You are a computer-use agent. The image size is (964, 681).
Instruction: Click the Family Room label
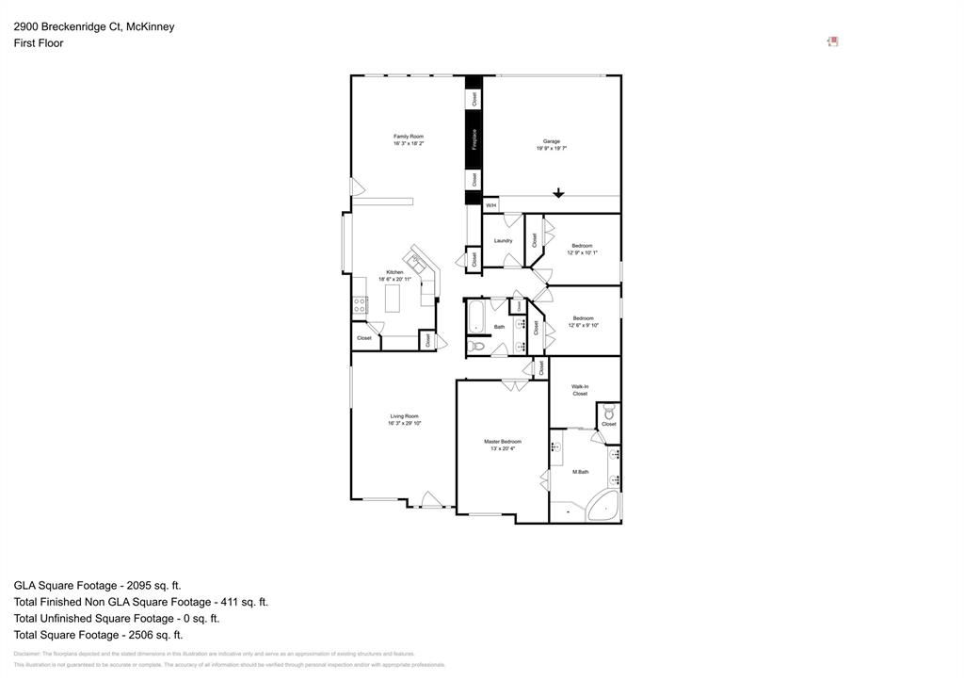pos(408,137)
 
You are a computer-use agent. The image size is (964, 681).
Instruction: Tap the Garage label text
pos(551,141)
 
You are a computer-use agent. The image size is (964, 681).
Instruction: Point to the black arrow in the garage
pos(558,193)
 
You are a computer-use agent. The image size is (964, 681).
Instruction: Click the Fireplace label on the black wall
pos(474,139)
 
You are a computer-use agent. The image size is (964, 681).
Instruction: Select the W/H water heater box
pos(490,204)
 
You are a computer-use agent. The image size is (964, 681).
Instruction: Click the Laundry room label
pos(503,240)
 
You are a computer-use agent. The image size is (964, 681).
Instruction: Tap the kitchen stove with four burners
pos(360,304)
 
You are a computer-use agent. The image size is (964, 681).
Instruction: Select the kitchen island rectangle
pos(392,299)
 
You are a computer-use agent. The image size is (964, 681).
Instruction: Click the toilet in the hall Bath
pos(476,347)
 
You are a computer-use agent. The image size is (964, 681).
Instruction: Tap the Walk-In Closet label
pos(580,390)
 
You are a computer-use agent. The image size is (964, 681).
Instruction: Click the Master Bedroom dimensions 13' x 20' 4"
pos(502,449)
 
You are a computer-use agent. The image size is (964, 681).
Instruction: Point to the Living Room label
pos(404,415)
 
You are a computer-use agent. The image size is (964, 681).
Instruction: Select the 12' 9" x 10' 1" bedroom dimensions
pos(582,253)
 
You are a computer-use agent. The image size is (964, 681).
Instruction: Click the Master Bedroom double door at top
pos(514,385)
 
